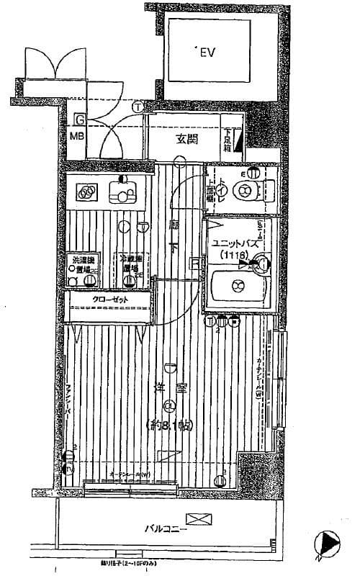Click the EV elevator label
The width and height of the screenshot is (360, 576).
point(207,52)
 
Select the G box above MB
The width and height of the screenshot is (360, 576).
point(80,119)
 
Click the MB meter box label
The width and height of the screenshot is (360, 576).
point(76,134)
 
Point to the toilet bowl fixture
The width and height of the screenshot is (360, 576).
point(245,189)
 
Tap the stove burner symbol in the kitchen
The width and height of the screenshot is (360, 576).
point(86,192)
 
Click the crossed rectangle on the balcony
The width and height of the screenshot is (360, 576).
point(195,518)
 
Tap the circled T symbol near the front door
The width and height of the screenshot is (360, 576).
point(137,107)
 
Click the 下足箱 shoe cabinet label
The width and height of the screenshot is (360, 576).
point(226,139)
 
